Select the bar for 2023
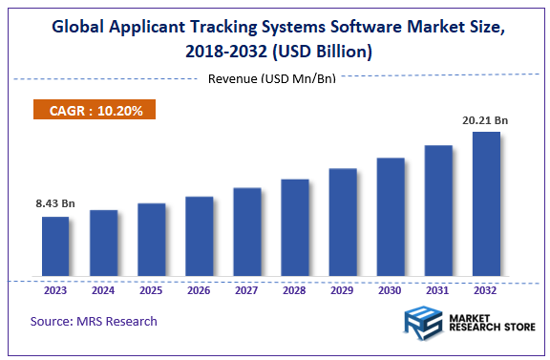click(55, 248)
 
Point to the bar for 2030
click(391, 219)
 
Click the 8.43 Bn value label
click(54, 203)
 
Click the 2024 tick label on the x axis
click(103, 290)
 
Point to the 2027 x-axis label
click(246, 290)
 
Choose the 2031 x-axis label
click(438, 290)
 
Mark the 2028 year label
click(294, 290)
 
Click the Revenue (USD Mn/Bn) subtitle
click(272, 78)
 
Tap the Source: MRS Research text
click(94, 321)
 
